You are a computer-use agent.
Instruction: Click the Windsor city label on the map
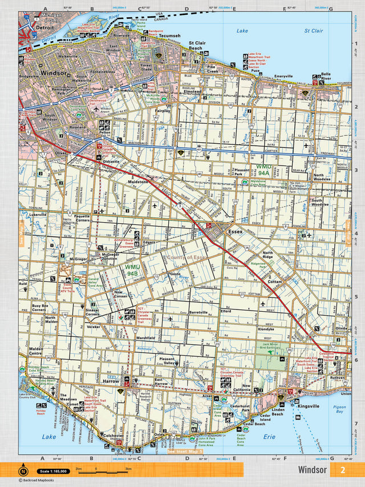pyautogui.click(x=52, y=73)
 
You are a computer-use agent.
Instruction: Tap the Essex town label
pyautogui.click(x=235, y=232)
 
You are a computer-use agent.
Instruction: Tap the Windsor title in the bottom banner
pyautogui.click(x=312, y=470)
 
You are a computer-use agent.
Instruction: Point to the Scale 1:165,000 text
pyautogui.click(x=52, y=471)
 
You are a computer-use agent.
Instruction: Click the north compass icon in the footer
pyautogui.click(x=23, y=470)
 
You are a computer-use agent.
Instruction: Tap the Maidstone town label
pyautogui.click(x=138, y=182)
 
